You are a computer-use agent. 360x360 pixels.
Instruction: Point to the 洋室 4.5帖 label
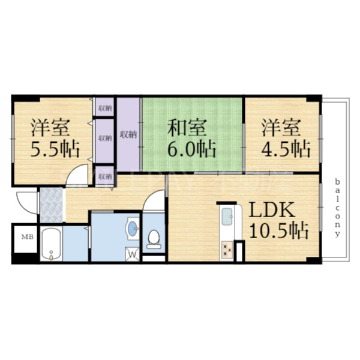tap(285, 137)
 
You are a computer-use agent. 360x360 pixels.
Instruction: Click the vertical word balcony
tap(338, 207)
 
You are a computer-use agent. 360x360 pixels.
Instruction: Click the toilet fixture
tap(154, 238)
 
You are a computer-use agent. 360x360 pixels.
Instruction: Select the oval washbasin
tap(132, 228)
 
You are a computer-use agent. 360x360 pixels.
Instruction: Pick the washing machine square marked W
tap(133, 254)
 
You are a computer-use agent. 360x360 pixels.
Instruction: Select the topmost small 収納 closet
tap(104, 107)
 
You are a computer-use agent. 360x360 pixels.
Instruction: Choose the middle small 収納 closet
tap(104, 138)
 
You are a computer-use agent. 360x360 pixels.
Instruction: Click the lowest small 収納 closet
tap(104, 176)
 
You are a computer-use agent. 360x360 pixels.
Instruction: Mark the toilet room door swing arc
tap(154, 201)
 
